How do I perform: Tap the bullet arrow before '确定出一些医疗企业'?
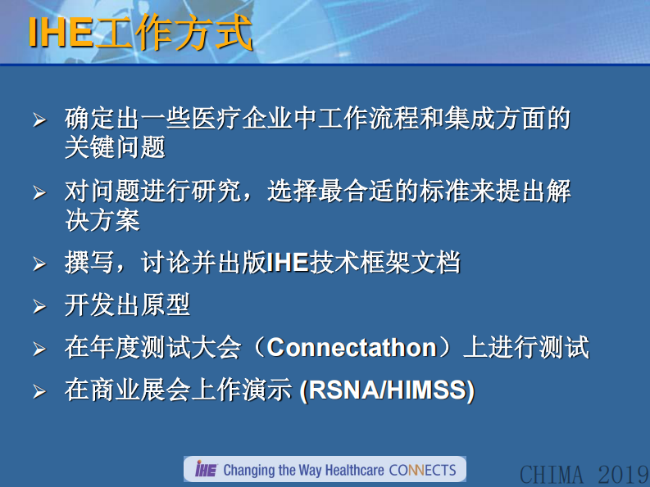[x=39, y=120]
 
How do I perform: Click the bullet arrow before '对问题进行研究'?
[x=39, y=194]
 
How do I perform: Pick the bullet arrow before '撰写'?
[x=39, y=264]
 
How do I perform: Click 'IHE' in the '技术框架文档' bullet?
[x=288, y=264]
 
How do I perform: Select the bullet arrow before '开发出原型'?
[x=39, y=307]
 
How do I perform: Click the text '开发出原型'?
[x=127, y=305]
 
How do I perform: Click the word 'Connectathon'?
[x=352, y=348]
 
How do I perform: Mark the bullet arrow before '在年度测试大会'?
[x=39, y=349]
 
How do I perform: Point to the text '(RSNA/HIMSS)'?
[x=387, y=390]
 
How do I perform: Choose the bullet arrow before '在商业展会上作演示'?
[x=39, y=392]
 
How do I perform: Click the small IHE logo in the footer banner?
[x=205, y=469]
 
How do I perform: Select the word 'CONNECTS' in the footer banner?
[x=422, y=470]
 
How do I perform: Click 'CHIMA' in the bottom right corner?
[x=552, y=474]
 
